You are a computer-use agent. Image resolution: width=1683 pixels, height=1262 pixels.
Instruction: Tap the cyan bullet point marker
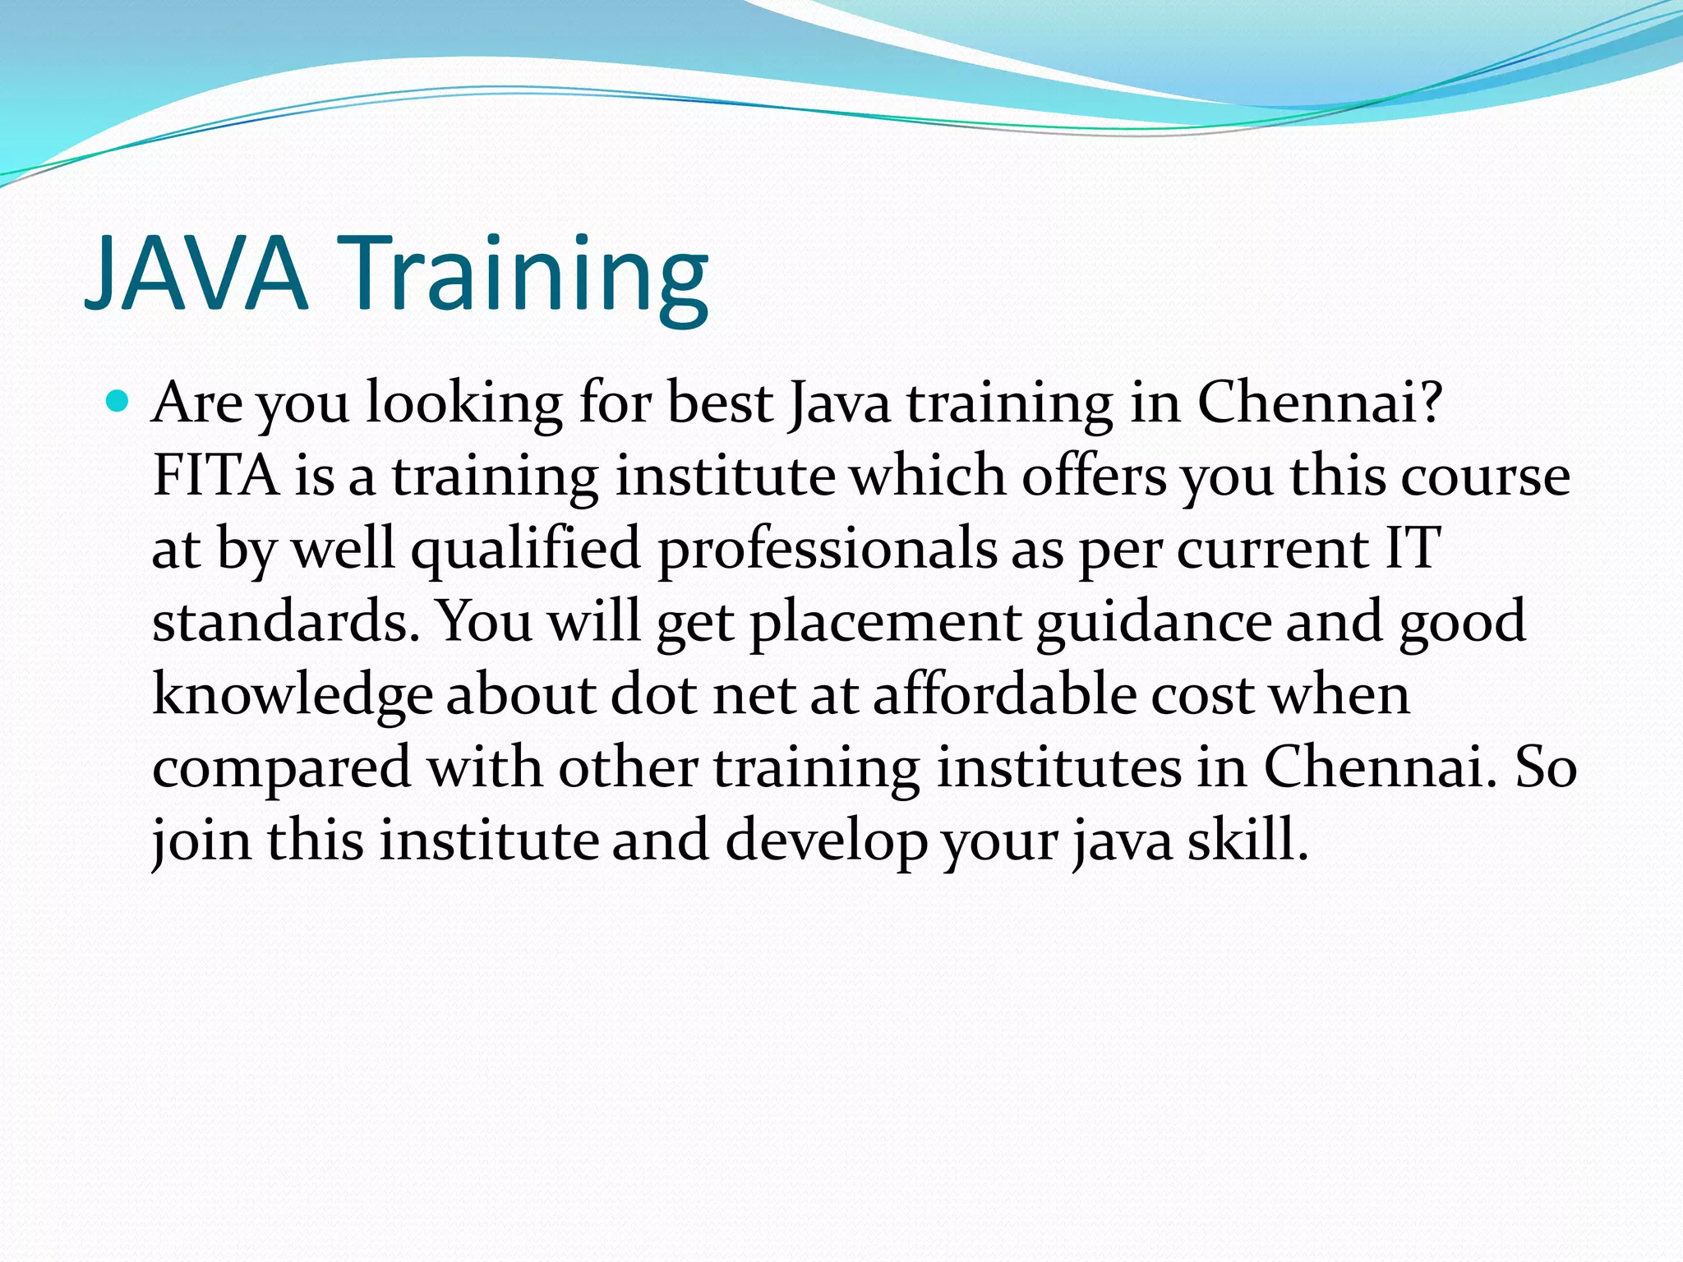118,402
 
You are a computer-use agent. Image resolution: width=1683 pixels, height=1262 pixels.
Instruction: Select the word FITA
215,476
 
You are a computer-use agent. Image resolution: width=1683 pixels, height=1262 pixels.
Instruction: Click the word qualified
525,550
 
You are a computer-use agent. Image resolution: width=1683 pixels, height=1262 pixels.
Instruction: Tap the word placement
884,623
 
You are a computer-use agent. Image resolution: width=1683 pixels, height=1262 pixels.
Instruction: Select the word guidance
1154,623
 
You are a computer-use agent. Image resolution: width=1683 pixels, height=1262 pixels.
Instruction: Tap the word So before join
1545,767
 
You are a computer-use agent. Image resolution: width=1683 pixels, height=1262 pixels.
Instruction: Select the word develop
825,842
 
